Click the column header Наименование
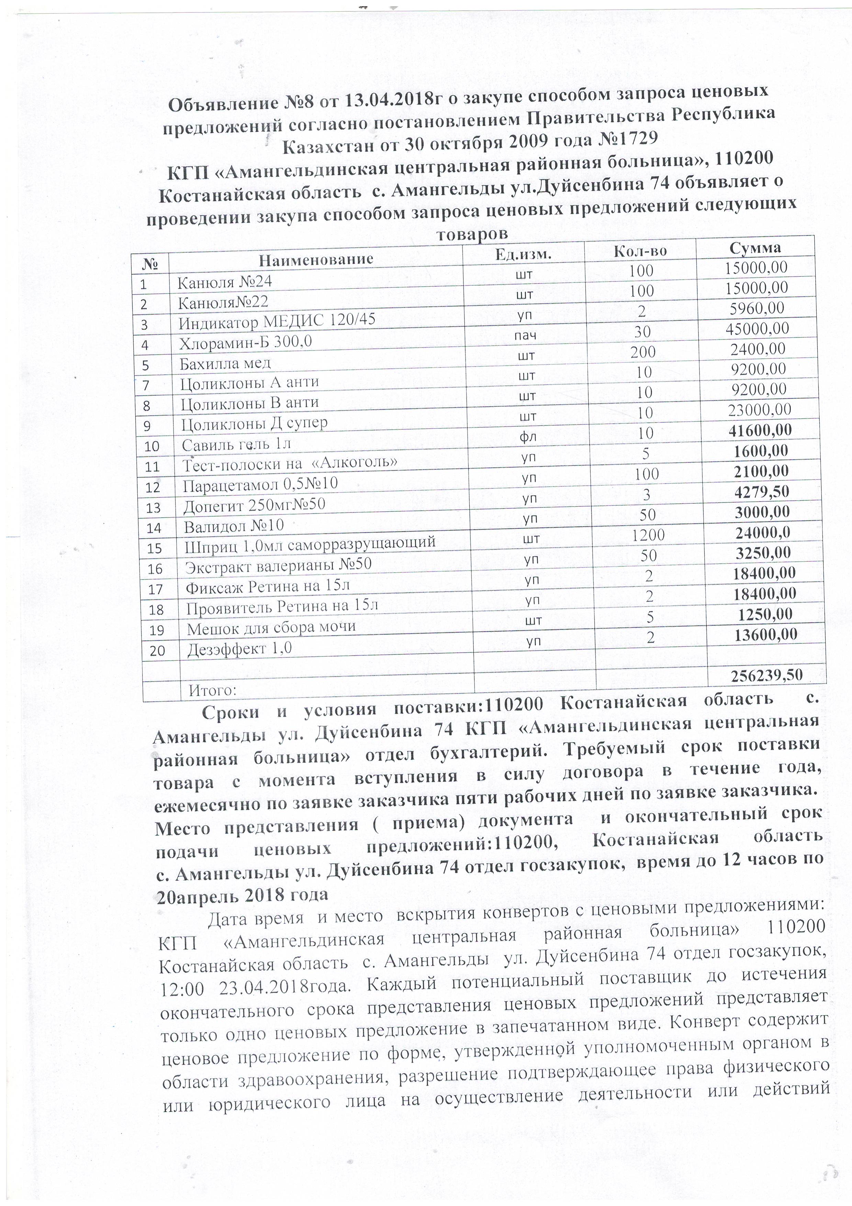[316, 259]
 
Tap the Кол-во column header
[640, 251]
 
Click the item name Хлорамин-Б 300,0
[246, 342]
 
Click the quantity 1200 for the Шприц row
[648, 535]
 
